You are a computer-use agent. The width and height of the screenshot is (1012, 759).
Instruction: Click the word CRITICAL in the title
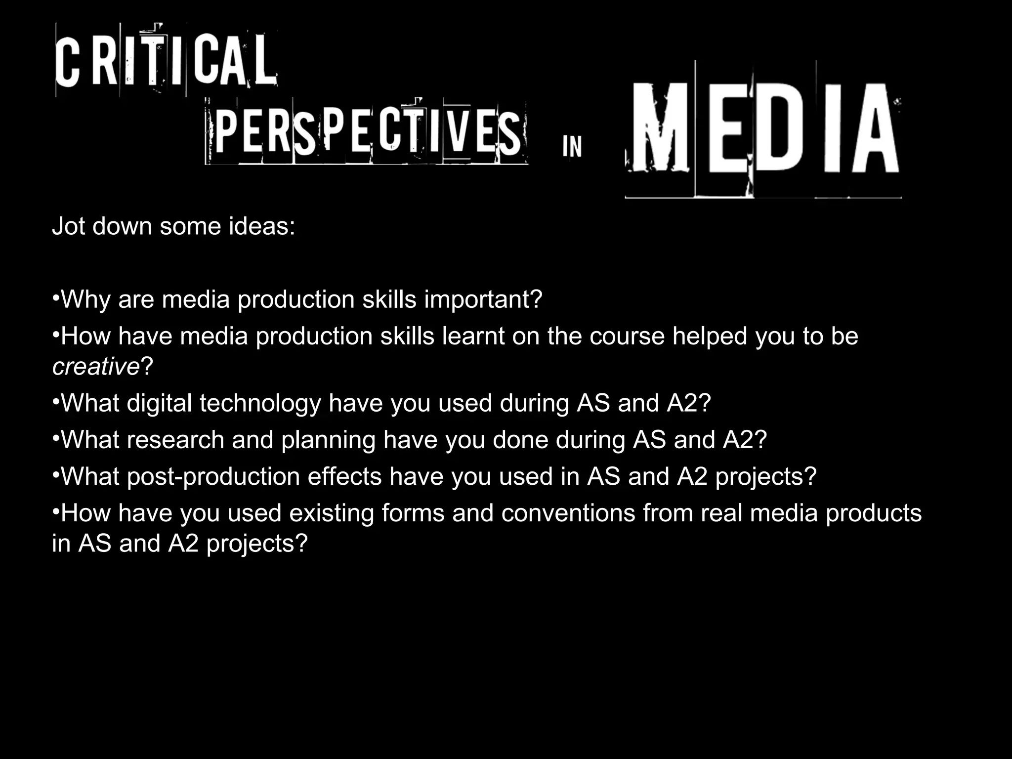click(x=166, y=62)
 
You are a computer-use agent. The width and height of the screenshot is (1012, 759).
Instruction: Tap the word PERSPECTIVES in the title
click(x=367, y=132)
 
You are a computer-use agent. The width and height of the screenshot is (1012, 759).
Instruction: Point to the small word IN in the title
click(x=572, y=147)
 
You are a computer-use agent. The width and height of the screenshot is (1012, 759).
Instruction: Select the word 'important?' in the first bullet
click(x=483, y=299)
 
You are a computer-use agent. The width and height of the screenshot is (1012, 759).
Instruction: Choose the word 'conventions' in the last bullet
click(x=568, y=513)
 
